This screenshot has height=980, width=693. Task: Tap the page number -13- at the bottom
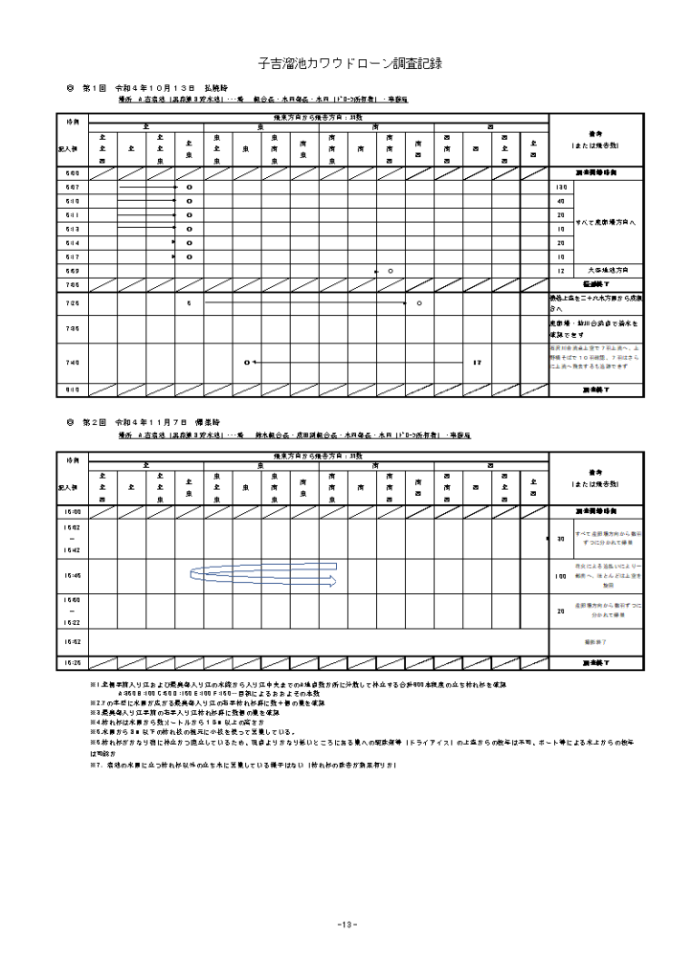346,924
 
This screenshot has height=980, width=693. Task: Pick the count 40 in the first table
560,202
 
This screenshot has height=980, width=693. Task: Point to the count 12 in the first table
560,271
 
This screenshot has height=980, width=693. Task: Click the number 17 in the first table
476,363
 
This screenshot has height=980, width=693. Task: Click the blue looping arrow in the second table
263,576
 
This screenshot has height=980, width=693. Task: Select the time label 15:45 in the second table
72,576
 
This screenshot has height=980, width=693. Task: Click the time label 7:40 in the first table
72,363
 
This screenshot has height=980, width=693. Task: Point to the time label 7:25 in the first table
72,303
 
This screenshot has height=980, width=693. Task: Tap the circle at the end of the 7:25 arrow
419,303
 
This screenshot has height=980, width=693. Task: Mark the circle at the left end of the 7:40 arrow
246,363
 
